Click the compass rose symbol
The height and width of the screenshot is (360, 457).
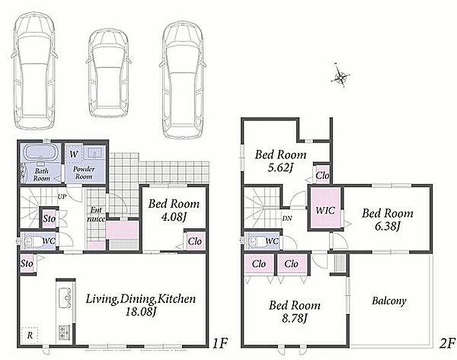340,76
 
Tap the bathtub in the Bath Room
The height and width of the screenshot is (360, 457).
40,152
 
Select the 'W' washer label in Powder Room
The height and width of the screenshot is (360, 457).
74,154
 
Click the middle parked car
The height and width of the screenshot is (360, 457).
108,74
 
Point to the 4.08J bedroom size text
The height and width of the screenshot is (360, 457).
174,217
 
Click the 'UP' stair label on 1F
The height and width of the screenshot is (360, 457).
62,197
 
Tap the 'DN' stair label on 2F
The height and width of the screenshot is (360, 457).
287,218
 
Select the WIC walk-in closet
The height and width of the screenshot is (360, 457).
325,209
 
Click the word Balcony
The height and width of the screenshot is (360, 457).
389,301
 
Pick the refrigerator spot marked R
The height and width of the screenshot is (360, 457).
30,335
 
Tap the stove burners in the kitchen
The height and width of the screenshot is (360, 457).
63,332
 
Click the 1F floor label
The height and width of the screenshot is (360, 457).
219,344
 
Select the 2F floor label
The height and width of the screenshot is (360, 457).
447,344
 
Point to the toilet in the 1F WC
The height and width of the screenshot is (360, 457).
32,241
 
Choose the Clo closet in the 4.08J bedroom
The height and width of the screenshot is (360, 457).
195,241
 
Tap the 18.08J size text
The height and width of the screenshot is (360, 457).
140,312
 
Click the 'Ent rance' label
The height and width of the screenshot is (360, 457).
96,214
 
